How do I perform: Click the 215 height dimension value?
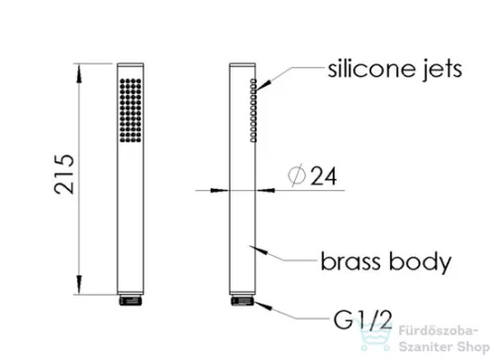pyautogui.click(x=64, y=174)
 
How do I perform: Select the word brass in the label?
pyautogui.click(x=350, y=261)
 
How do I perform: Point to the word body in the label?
pyautogui.click(x=420, y=263)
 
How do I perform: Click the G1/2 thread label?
pyautogui.click(x=362, y=319)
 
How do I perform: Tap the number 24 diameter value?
pyautogui.click(x=324, y=176)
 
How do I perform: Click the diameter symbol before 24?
pyautogui.click(x=297, y=176)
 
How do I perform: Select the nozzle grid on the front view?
pyautogui.click(x=131, y=111)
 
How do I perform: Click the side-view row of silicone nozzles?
pyautogui.click(x=253, y=111)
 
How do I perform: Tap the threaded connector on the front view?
pyautogui.click(x=131, y=301)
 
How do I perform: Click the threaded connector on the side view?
pyautogui.click(x=243, y=301)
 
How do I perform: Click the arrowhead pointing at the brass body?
pyautogui.click(x=258, y=249)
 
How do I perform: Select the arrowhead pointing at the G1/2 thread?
pyautogui.click(x=263, y=306)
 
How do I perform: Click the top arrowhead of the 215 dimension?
pyautogui.click(x=78, y=73)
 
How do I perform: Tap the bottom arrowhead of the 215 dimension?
pyautogui.click(x=78, y=284)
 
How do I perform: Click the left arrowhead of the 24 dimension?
pyautogui.click(x=220, y=190)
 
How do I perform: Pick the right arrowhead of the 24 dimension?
pyautogui.click(x=265, y=190)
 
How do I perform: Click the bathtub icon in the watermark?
pyautogui.click(x=376, y=335)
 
